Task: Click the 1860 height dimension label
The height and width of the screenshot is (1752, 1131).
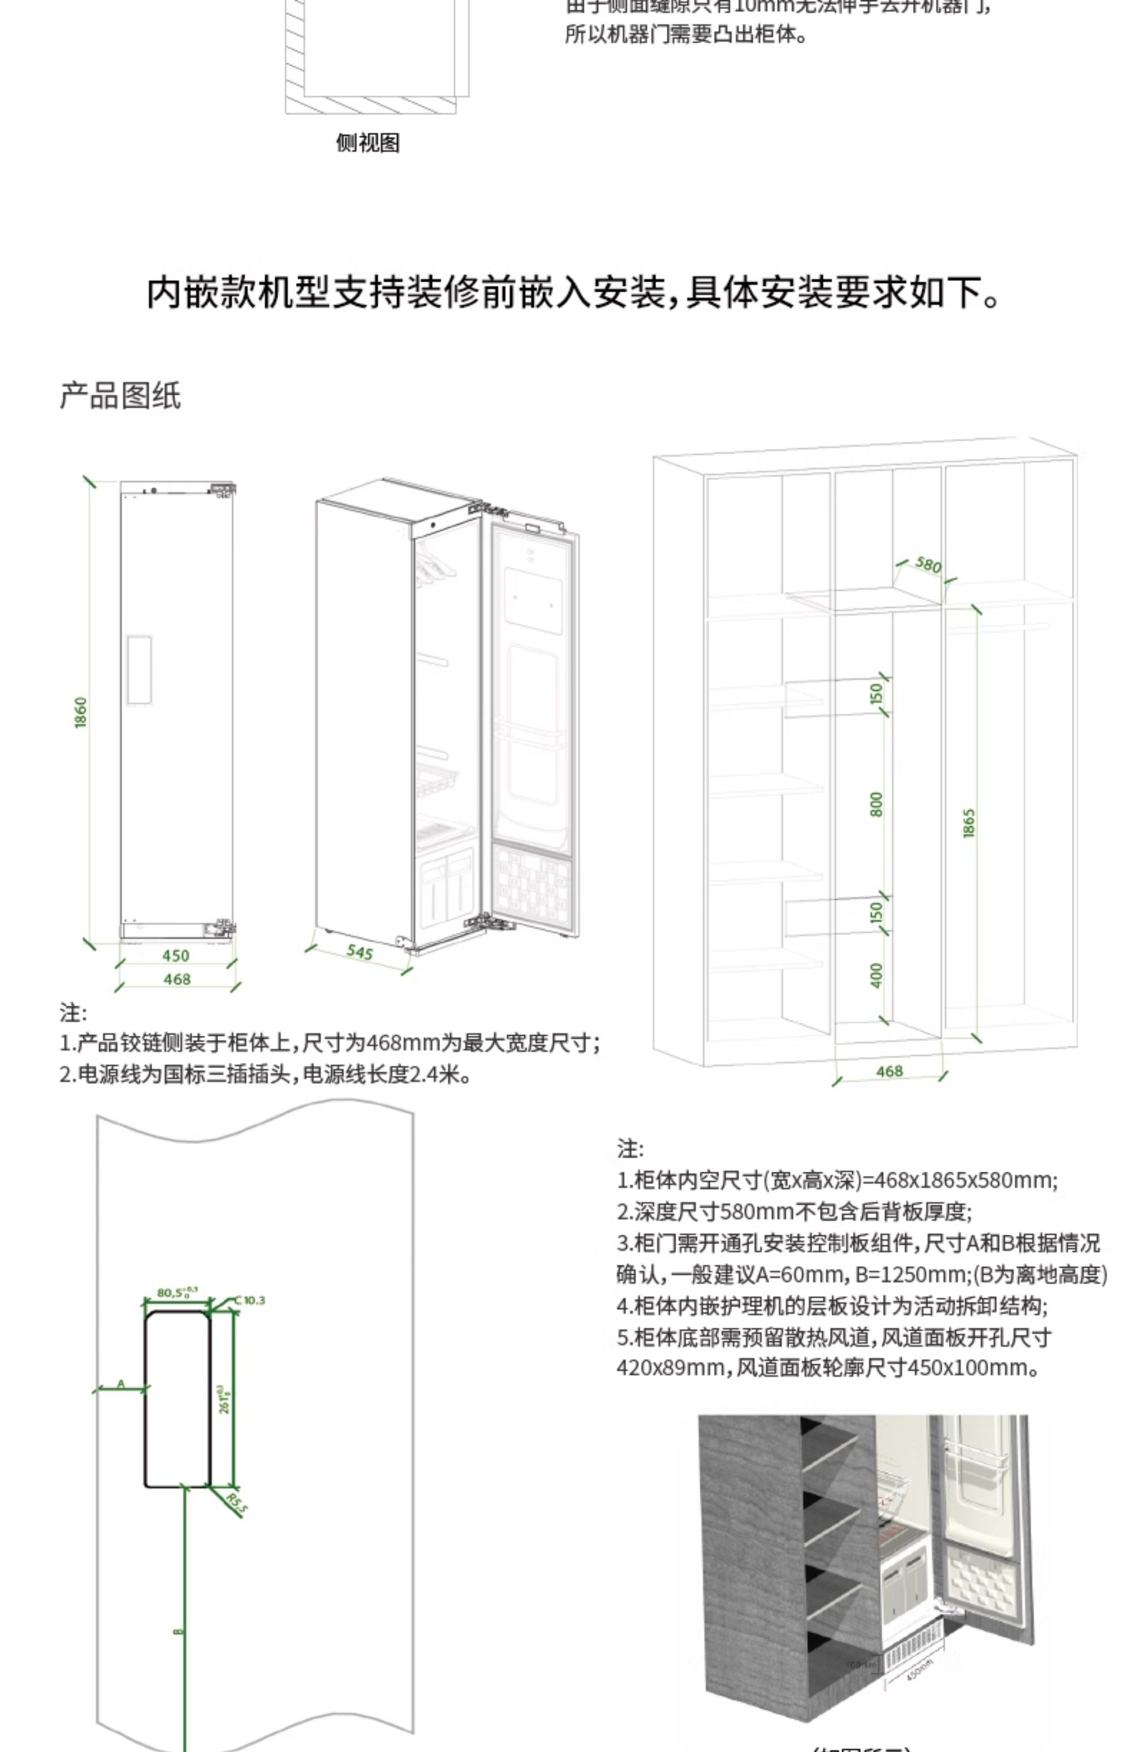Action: pos(81,713)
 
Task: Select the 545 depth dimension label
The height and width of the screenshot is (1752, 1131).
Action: pos(360,952)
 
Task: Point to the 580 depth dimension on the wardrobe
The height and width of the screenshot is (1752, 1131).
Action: pos(929,564)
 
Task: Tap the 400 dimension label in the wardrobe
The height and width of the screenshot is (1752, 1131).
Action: pos(876,975)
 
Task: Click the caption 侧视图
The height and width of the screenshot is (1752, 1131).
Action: pos(368,142)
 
